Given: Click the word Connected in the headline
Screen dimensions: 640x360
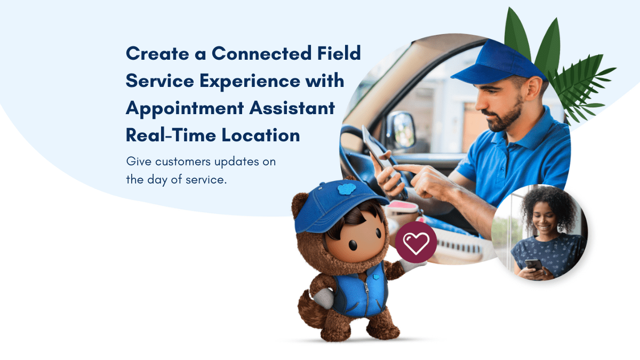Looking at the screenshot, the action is (261, 53).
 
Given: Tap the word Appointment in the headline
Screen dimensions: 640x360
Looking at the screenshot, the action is (185, 109).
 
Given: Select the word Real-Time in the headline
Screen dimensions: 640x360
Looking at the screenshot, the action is (171, 135).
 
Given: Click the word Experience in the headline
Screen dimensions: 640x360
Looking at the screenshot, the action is (250, 82).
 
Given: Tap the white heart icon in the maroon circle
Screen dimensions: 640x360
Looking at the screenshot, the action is (416, 243).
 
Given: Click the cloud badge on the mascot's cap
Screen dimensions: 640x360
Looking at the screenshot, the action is (347, 189).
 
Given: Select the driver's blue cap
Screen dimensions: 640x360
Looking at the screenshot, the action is (497, 63).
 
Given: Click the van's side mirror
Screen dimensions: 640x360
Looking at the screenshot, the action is (401, 130).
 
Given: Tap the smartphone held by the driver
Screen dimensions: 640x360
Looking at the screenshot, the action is (383, 160).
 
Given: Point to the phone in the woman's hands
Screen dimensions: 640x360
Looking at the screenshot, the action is (533, 265).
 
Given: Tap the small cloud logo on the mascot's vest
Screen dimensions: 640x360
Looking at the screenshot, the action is (377, 277).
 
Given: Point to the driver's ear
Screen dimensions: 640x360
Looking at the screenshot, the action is (534, 87).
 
